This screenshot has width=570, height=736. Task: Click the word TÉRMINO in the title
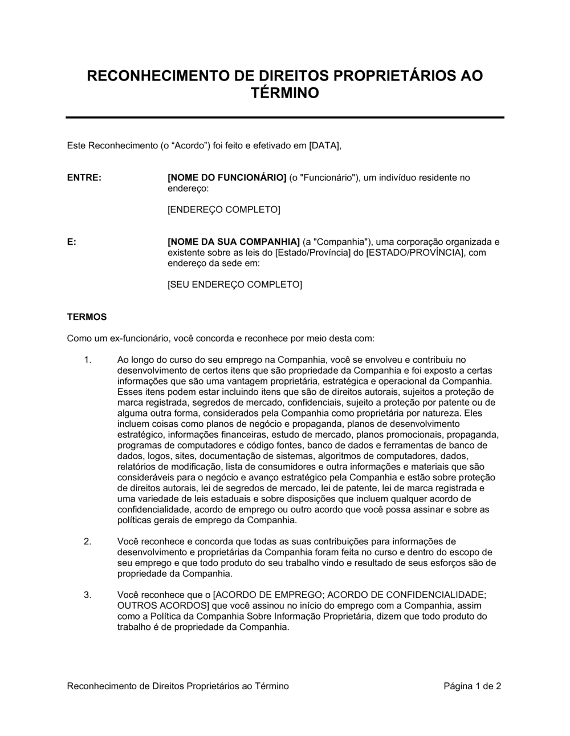[285, 92]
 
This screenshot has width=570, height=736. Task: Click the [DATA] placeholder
[324, 145]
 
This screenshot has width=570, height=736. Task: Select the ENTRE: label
[84, 177]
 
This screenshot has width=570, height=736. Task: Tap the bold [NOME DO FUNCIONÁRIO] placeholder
[227, 177]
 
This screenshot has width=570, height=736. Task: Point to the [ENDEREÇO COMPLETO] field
[223, 209]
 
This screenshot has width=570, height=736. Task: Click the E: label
[72, 241]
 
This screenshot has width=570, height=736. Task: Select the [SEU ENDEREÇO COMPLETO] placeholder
[234, 284]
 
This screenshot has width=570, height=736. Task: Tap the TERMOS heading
[87, 316]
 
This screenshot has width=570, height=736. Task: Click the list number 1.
[87, 359]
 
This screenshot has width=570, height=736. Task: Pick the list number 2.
[87, 541]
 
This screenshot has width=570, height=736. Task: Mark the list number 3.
[87, 595]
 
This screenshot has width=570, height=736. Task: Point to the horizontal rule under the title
[285, 117]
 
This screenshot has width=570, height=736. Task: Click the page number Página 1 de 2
[472, 686]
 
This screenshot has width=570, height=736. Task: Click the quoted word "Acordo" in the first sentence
[189, 145]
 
